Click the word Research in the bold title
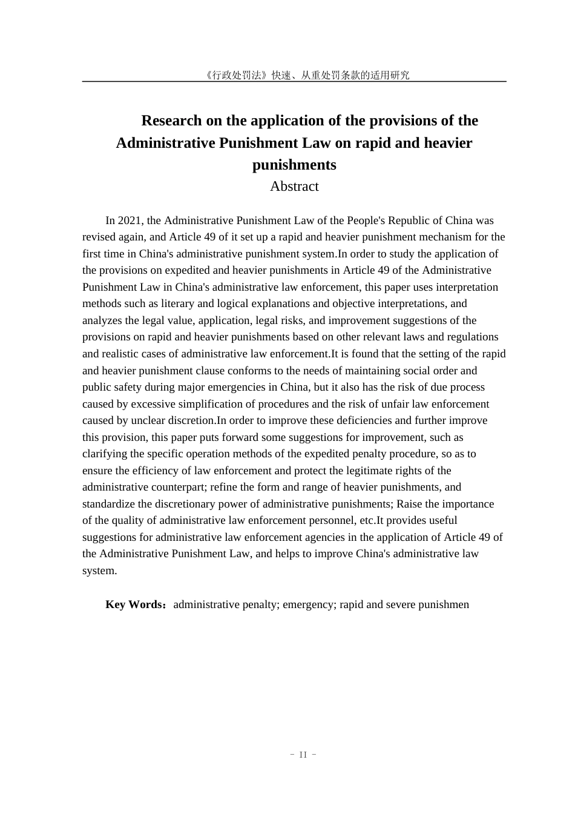coord(172,121)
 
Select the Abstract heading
coord(294,187)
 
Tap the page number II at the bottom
coord(303,755)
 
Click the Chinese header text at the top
coord(307,75)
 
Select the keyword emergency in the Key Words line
coord(309,604)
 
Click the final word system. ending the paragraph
coord(100,571)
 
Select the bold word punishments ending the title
coord(294,165)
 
